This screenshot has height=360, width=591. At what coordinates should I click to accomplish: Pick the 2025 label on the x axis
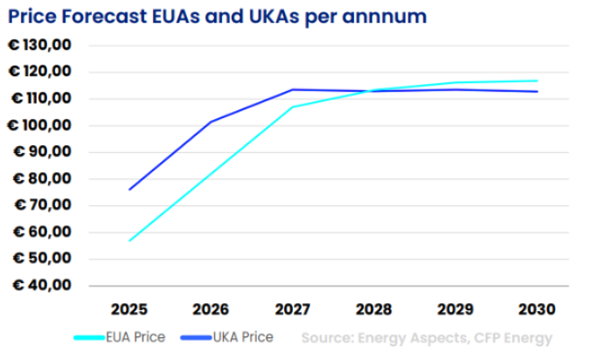coord(129,309)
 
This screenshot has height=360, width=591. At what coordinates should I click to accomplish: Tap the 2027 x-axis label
coord(293,309)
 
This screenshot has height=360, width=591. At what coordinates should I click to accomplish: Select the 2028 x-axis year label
coord(374,309)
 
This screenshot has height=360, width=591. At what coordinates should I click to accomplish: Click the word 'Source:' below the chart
coord(327,337)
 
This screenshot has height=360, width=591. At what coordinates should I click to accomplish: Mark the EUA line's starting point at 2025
coord(129,240)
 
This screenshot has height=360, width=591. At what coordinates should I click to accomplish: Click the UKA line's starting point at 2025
coord(129,189)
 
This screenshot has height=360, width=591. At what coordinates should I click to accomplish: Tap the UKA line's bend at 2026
coord(211,121)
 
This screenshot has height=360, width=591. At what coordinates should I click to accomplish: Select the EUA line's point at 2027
coord(293,107)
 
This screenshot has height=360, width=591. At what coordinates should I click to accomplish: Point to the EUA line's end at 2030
coord(538,80)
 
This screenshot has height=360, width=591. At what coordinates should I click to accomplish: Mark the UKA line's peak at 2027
coord(293,89)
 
